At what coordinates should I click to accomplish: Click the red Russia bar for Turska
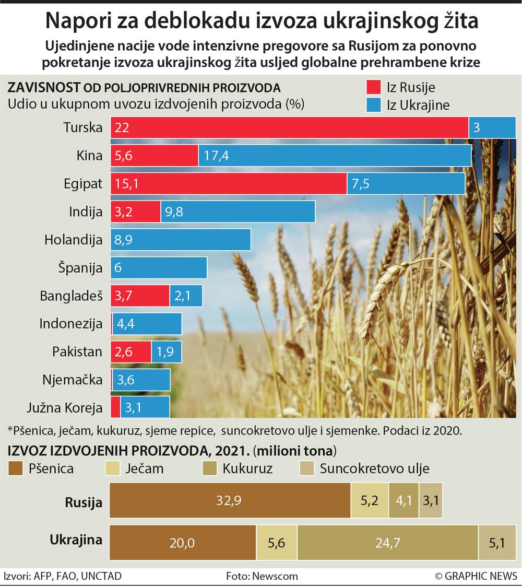[290, 127]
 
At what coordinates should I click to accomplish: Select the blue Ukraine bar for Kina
[334, 155]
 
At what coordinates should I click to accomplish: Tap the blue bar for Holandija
[181, 240]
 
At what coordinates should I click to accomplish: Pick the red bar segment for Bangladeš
[140, 296]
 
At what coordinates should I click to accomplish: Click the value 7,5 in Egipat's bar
[360, 184]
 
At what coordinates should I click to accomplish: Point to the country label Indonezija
[71, 324]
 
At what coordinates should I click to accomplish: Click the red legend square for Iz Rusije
[373, 87]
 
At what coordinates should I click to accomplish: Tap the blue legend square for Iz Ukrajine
[373, 105]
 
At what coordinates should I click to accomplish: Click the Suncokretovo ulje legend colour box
[307, 468]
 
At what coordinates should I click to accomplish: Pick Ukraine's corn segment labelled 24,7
[387, 543]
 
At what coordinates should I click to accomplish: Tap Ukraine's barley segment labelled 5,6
[277, 543]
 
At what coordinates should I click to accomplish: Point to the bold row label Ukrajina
[76, 540]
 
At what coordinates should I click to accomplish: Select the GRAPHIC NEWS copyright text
[476, 576]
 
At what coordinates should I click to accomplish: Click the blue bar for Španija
[159, 268]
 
